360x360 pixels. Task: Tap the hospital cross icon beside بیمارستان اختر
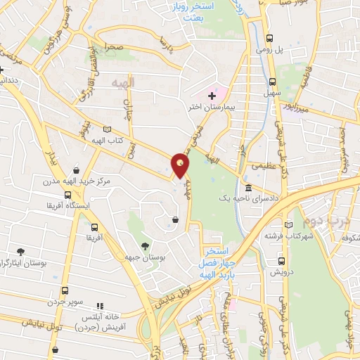212,95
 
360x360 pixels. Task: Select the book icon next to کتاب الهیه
107,129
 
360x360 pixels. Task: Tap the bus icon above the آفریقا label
94,226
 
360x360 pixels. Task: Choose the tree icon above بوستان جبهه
145,246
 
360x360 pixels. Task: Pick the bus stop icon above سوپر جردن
65,290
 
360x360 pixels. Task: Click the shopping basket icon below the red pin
174,220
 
